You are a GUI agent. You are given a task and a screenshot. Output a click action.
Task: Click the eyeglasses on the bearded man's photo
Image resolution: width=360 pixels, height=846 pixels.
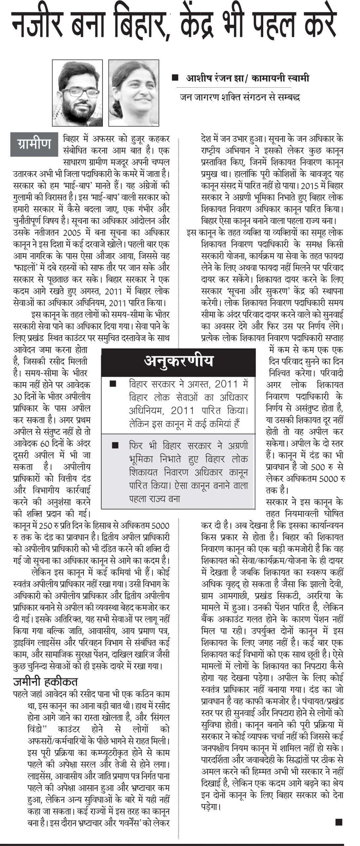79,93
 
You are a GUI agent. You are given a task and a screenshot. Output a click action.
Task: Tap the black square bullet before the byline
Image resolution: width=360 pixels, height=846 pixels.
175,78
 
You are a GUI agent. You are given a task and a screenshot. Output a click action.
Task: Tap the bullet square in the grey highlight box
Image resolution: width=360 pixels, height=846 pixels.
115,445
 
